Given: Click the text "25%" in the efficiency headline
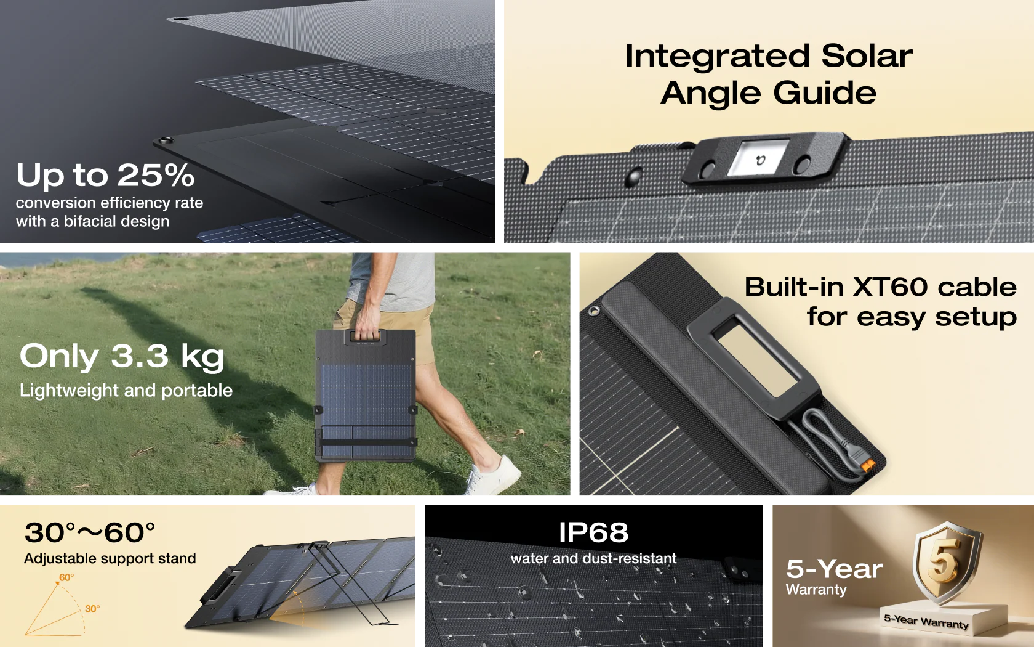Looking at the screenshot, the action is point(156,175).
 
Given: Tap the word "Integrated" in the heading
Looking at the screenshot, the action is point(718,57).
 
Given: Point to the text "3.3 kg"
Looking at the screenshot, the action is point(167,357).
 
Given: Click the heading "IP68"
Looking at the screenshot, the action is point(593,532).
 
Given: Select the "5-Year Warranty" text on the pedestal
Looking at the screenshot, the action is point(926,622).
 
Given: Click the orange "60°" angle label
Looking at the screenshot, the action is point(66,578).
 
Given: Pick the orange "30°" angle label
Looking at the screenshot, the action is point(92,609).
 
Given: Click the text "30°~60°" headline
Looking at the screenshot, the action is point(90,532).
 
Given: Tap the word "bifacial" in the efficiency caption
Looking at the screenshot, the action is point(87,221).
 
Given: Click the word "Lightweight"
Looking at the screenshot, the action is point(69,391).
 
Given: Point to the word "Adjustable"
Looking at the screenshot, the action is point(60,559).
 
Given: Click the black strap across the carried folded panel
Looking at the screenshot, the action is point(367,442).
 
